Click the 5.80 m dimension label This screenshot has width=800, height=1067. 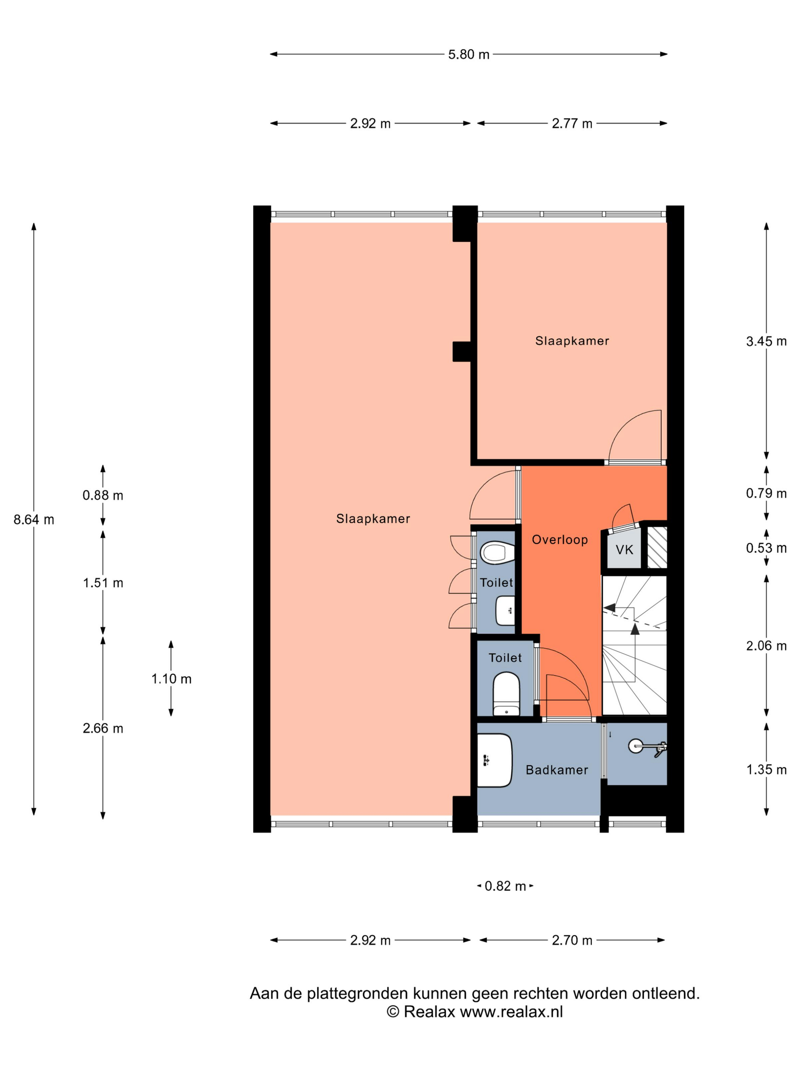point(468,54)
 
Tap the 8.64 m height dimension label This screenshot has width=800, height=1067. point(34,519)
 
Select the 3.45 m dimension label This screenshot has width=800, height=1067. point(766,341)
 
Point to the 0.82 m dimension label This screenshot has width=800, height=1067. point(505,886)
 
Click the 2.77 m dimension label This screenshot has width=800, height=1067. point(572,124)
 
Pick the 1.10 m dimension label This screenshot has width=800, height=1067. point(171,679)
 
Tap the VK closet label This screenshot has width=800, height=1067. point(624,550)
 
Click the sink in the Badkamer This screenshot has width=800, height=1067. point(494,761)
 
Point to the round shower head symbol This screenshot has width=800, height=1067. point(635,746)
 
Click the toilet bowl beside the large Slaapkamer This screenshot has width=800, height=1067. point(497,553)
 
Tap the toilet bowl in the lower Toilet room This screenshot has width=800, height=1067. point(506,695)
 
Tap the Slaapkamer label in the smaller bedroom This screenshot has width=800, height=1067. point(572,341)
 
